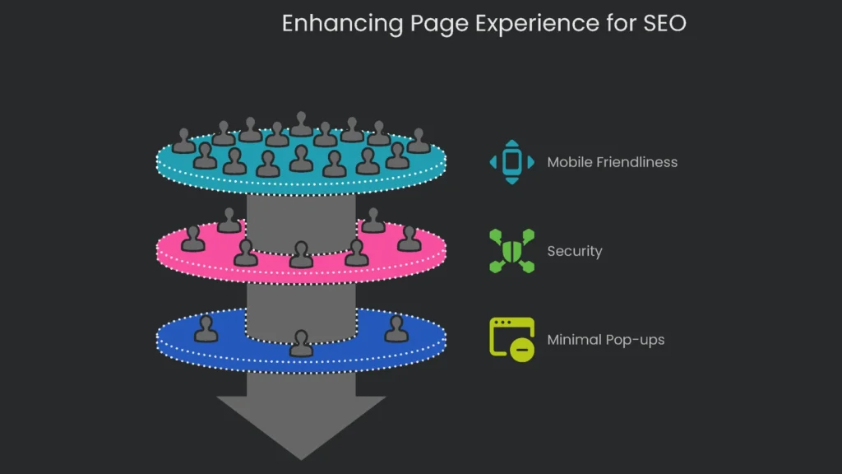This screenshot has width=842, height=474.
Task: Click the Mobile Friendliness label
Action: tap(612, 162)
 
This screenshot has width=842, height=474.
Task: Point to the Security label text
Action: tap(574, 251)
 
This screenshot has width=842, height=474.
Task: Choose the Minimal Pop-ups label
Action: tap(605, 340)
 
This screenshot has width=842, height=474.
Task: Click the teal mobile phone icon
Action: tap(511, 161)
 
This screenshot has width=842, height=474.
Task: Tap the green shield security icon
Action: tap(511, 250)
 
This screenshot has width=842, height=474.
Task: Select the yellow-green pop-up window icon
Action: tap(511, 338)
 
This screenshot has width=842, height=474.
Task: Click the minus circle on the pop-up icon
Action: tap(522, 349)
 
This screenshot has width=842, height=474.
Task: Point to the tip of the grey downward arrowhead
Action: tap(301, 458)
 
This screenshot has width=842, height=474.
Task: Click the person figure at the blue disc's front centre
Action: tap(302, 344)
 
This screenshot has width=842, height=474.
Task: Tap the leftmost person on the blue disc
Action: tap(206, 329)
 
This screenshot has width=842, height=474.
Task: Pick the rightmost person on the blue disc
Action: tap(396, 329)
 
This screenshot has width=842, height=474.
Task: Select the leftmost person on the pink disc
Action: tap(192, 239)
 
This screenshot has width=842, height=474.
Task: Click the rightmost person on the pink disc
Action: tap(409, 239)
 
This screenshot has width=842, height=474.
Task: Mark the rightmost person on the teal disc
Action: tap(419, 141)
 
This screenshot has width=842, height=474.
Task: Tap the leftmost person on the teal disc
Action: tap(184, 142)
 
